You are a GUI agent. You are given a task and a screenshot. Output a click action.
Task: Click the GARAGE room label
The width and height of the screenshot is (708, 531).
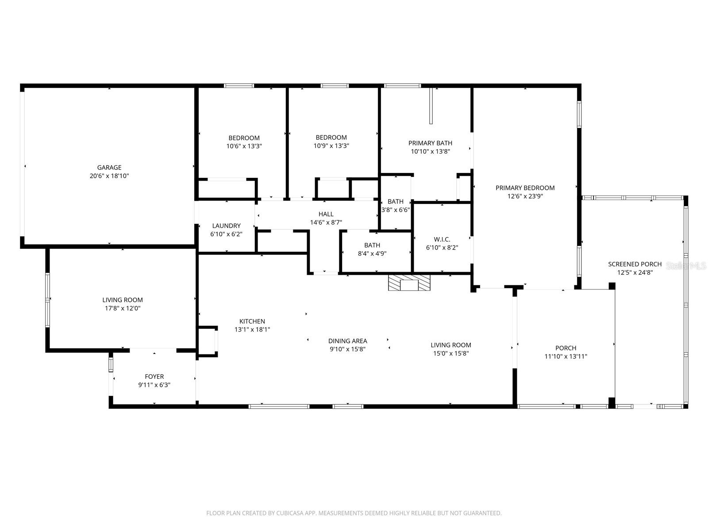point(109,167)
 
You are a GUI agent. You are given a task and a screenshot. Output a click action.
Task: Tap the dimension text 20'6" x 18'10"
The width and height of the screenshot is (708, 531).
point(109,176)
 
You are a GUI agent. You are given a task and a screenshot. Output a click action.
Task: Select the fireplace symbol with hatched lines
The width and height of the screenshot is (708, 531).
point(409,282)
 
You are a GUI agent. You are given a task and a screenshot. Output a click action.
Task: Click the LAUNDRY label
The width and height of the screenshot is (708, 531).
point(226,226)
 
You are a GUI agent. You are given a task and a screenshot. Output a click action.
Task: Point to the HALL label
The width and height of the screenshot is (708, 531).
point(326,214)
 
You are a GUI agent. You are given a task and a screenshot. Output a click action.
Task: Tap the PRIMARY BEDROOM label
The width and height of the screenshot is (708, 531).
point(525,188)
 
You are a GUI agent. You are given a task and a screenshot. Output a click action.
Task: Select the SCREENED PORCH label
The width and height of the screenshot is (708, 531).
point(635,264)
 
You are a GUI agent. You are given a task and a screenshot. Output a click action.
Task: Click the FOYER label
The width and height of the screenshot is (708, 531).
point(154,377)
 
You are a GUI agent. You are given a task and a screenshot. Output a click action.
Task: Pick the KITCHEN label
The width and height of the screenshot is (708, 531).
point(252,321)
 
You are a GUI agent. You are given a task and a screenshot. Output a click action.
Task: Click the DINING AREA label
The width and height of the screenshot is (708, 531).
point(347,341)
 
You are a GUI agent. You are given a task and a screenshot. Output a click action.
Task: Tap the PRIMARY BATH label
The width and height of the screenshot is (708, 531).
point(430,143)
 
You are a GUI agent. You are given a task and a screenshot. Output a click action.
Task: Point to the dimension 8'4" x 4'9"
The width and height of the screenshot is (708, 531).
point(372,254)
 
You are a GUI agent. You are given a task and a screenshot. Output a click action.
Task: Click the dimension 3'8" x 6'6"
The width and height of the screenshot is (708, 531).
point(396,210)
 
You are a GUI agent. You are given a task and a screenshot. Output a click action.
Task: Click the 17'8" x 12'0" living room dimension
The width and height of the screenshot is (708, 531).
point(123,308)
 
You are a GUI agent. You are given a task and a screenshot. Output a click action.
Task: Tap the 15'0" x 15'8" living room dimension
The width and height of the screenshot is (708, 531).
point(451,353)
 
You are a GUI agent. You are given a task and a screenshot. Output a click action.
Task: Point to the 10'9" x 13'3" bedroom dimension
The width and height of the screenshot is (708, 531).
point(331,146)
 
